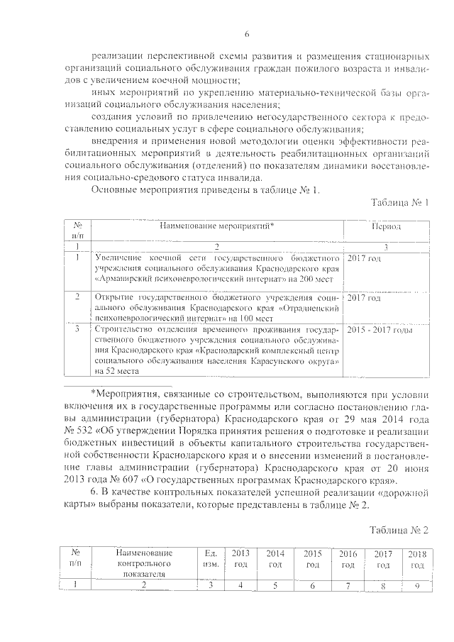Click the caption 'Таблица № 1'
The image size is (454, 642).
400,204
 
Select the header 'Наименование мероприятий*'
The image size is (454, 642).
216,226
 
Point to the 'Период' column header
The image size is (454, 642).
386,226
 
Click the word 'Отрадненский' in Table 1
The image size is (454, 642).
310,309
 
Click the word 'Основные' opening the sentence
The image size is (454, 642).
115,190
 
